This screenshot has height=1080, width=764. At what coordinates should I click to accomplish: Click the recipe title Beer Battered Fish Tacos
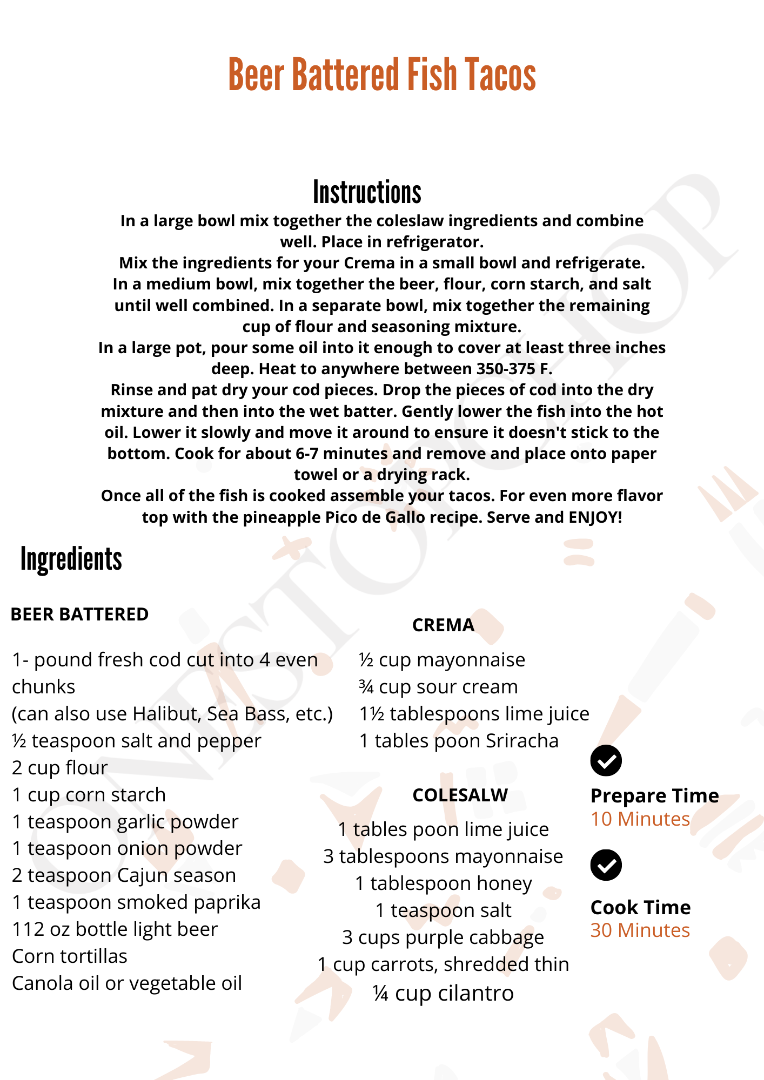(382, 75)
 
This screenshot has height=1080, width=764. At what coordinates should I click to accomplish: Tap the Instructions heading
(367, 193)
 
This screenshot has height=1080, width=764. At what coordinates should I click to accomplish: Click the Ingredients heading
(71, 559)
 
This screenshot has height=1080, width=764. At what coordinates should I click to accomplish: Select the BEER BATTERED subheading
(79, 615)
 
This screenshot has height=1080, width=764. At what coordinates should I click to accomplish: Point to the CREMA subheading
(443, 625)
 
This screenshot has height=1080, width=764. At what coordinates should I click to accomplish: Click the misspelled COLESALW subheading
(460, 795)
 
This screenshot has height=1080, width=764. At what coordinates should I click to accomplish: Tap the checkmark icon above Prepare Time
(606, 760)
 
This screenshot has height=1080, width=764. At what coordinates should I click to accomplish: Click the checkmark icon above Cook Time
(606, 865)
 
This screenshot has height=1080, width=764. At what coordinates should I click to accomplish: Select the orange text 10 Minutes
(640, 819)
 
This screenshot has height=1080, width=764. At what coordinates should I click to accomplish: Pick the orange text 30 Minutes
(640, 930)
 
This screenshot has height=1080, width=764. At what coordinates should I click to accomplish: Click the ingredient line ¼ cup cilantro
(443, 993)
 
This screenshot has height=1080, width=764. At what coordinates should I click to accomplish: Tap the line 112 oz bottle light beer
(115, 929)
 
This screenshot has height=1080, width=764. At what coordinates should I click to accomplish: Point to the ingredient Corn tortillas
(70, 956)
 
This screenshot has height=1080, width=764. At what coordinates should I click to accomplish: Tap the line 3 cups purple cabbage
(443, 937)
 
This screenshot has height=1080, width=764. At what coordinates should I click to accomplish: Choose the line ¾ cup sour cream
(438, 687)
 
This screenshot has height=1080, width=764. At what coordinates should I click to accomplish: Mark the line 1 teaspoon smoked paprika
(136, 902)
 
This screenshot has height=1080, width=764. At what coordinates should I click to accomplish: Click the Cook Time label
(640, 908)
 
